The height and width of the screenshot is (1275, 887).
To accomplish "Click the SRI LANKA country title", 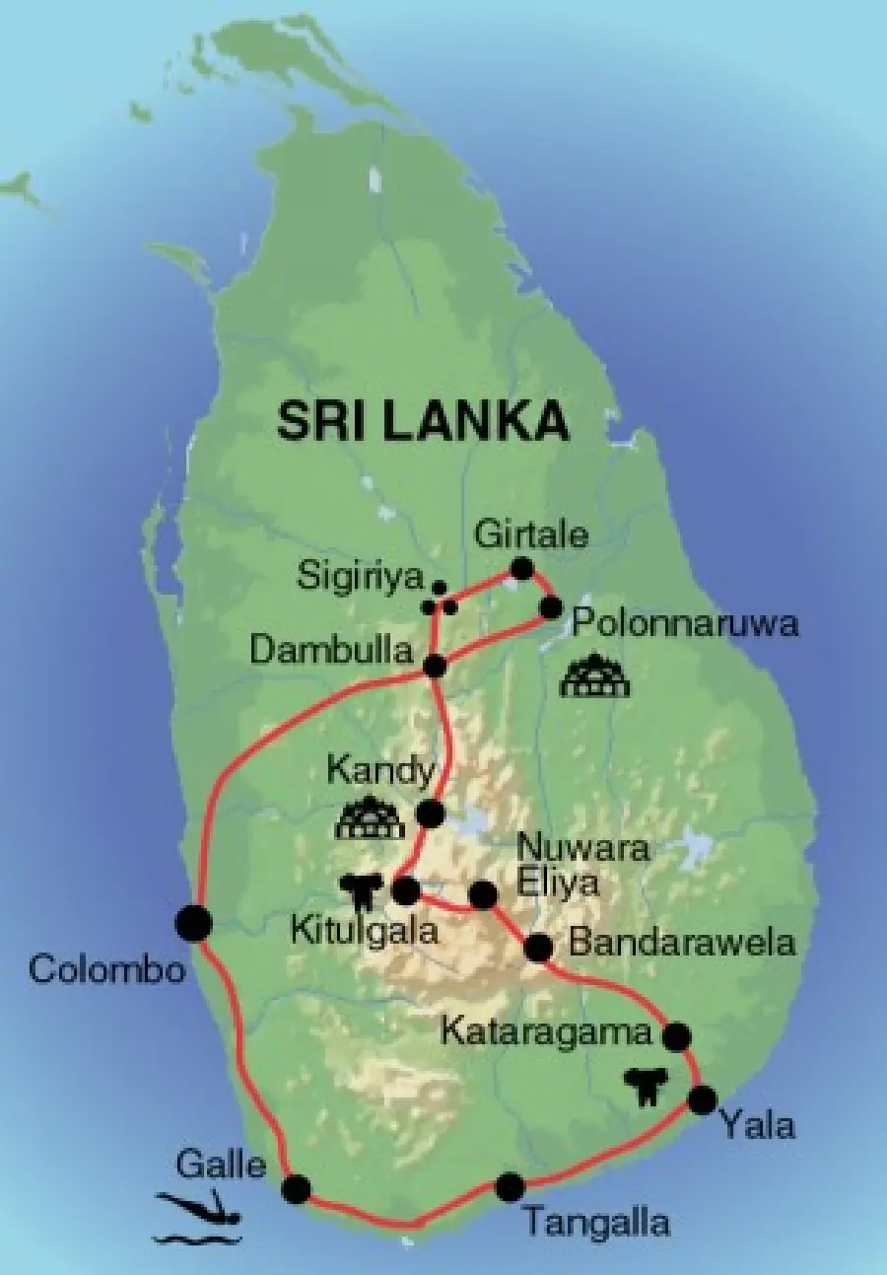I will click(423, 421).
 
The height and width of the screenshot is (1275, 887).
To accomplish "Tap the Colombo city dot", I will click(193, 923).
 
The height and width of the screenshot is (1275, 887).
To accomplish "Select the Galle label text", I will click(221, 1165).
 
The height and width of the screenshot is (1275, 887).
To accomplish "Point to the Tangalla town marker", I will click(510, 1187).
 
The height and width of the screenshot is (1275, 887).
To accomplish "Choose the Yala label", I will click(757, 1125).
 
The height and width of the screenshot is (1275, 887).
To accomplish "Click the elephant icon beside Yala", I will click(647, 1086).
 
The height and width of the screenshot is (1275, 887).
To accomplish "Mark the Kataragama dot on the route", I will click(676, 1036).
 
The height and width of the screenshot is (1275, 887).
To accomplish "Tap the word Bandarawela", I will click(682, 942).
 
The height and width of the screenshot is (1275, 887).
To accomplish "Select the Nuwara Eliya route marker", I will click(483, 894).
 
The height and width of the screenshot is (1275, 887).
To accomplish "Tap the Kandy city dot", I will click(430, 814).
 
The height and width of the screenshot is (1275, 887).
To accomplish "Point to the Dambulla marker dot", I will click(435, 666).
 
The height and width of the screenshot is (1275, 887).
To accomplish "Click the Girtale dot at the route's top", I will click(521, 569).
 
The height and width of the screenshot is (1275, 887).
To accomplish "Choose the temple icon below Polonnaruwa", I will click(593, 676).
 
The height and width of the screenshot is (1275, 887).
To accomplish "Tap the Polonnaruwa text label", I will click(685, 624).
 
